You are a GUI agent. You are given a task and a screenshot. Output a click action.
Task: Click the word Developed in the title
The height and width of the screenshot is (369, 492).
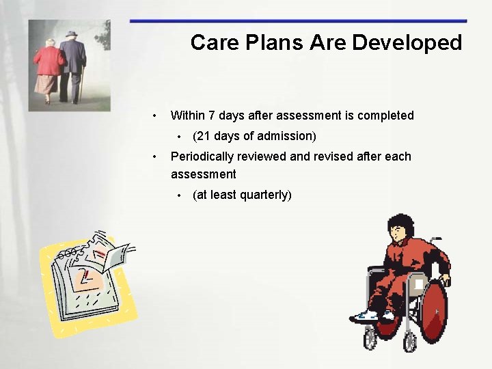pyautogui.click(x=407, y=43)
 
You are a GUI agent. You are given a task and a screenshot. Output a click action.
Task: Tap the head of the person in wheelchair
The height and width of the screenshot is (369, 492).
pyautogui.click(x=400, y=230)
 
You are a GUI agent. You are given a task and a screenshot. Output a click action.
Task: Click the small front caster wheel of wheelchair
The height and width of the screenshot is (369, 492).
pyautogui.click(x=370, y=338)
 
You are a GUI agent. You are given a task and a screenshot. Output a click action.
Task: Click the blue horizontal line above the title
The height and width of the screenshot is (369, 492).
pyautogui.click(x=298, y=21)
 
